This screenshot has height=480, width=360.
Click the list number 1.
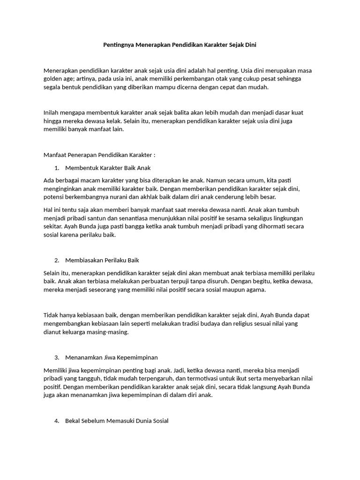[57, 167]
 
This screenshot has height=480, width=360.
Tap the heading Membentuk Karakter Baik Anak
[108, 167]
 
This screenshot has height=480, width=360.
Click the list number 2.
[57, 260]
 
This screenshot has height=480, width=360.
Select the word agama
[256, 290]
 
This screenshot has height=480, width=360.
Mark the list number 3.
[57, 358]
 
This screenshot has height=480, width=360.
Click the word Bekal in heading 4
[73, 421]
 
